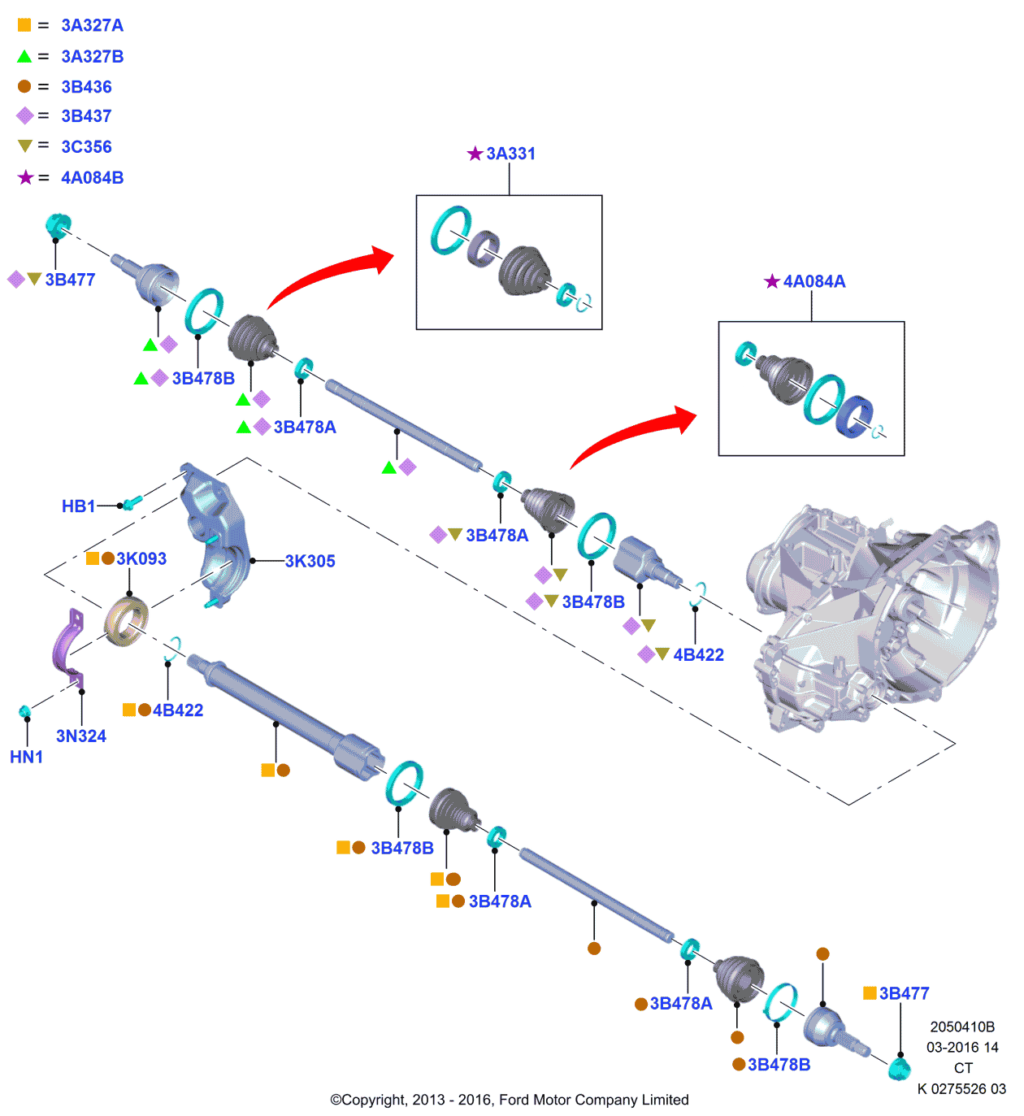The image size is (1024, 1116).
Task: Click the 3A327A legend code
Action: click(x=92, y=25)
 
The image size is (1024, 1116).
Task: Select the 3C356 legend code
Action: click(x=86, y=146)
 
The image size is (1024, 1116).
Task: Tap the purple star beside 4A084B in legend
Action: click(x=26, y=177)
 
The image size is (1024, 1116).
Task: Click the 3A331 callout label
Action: click(x=510, y=154)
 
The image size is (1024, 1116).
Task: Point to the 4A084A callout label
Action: click(x=814, y=281)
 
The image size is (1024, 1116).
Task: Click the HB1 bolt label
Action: click(x=78, y=506)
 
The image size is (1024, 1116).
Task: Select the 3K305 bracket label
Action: click(x=310, y=561)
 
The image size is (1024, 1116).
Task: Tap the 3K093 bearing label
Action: click(x=141, y=558)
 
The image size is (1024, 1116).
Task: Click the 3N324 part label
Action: click(x=81, y=736)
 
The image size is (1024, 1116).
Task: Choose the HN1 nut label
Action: click(x=26, y=757)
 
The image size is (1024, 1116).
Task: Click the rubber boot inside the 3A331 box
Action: click(x=523, y=269)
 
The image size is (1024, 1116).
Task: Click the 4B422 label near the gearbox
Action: click(x=698, y=655)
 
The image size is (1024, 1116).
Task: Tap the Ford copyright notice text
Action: click(x=510, y=1100)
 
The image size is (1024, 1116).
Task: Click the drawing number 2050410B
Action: click(x=962, y=1027)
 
